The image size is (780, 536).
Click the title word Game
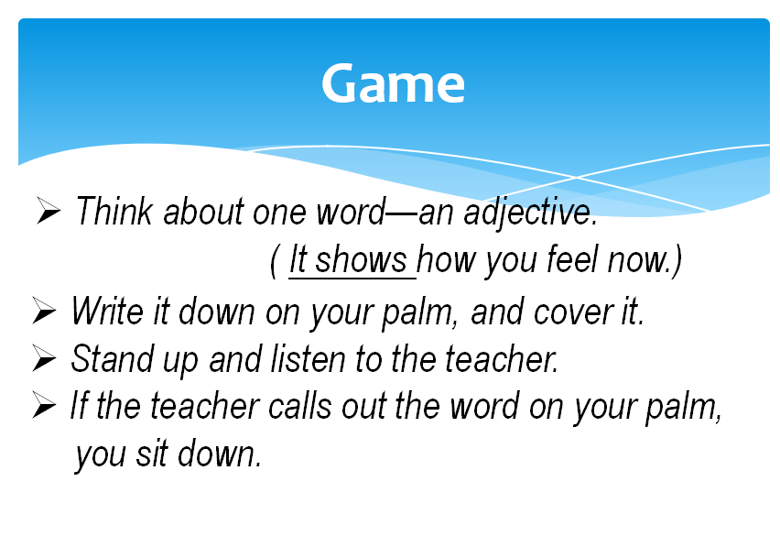click(393, 83)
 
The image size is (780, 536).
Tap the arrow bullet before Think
click(49, 211)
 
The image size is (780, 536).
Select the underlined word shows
click(361, 259)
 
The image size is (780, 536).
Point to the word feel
click(571, 259)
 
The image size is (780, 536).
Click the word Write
click(107, 312)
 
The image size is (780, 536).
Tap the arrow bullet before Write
click(44, 311)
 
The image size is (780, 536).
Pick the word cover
click(572, 313)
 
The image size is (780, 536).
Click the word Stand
click(112, 358)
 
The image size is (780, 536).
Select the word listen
click(308, 359)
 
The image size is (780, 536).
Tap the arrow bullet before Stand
click(44, 358)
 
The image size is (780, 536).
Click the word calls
click(300, 406)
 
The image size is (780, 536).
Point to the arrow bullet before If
click(44, 405)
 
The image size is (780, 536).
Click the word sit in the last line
click(152, 454)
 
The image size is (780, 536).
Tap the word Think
click(114, 211)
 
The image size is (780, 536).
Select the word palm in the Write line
click(420, 313)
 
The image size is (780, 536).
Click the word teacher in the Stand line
click(502, 359)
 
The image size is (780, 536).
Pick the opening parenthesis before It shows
click(273, 262)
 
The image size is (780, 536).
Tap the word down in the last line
click(220, 454)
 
